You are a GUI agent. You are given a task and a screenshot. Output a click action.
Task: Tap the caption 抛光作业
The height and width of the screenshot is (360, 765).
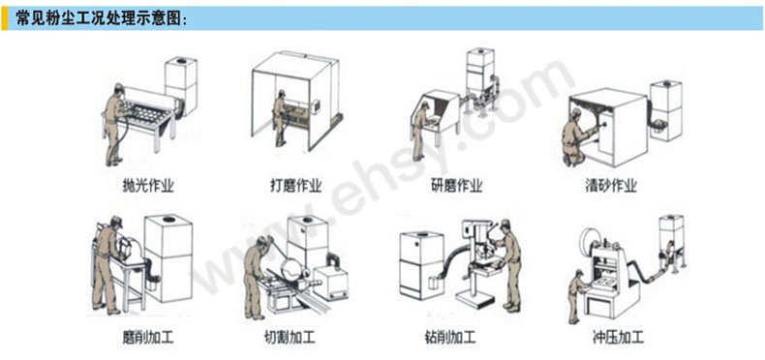148,186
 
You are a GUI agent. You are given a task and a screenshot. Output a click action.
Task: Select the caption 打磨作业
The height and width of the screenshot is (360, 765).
295,186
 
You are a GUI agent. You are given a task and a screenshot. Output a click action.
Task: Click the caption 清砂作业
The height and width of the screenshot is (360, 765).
611,186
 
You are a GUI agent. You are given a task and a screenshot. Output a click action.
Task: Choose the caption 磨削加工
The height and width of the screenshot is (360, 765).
148,337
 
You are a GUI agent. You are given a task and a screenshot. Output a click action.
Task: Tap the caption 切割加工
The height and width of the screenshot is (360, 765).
289,337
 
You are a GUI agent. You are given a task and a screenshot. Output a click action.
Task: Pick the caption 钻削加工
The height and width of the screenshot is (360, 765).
450,337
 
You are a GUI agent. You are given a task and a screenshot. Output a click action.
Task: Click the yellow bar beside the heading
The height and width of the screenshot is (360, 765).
5,18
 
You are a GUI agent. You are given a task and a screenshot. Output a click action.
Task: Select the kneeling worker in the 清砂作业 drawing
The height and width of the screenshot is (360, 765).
576,137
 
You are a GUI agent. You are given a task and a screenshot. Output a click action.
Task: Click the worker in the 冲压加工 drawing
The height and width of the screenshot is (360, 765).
577,296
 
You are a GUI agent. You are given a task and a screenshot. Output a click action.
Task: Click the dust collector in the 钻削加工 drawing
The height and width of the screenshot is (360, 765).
421,264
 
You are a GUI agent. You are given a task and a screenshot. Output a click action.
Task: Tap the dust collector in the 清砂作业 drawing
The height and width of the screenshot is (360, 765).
665,110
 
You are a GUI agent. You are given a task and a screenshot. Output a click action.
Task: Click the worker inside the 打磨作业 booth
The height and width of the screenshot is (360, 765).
280,117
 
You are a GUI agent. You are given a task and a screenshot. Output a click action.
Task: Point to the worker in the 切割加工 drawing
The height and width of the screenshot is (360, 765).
256,277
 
